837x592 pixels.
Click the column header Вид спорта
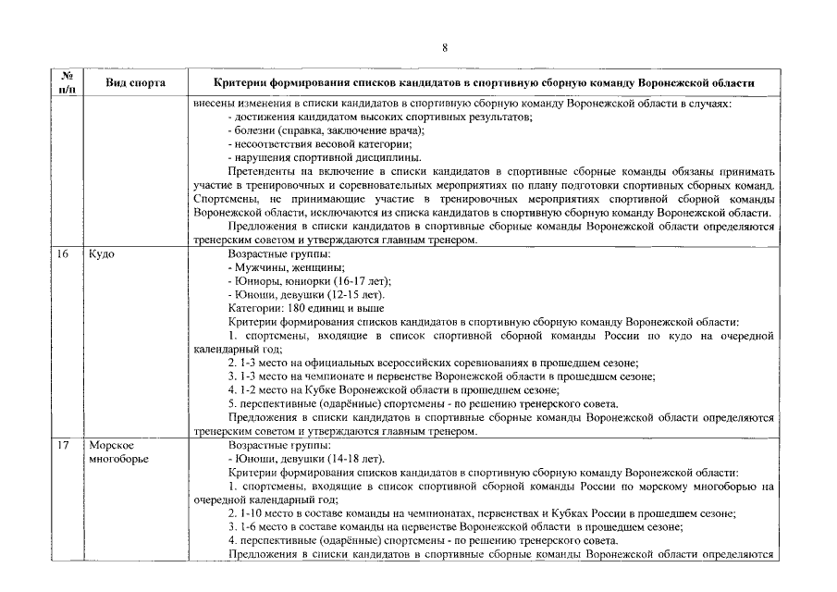pos(135,83)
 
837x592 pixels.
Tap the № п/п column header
pos(66,82)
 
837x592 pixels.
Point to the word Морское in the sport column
pos(111,445)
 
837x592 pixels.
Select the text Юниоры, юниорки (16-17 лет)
pos(309,280)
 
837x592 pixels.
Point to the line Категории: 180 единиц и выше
pos(305,308)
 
